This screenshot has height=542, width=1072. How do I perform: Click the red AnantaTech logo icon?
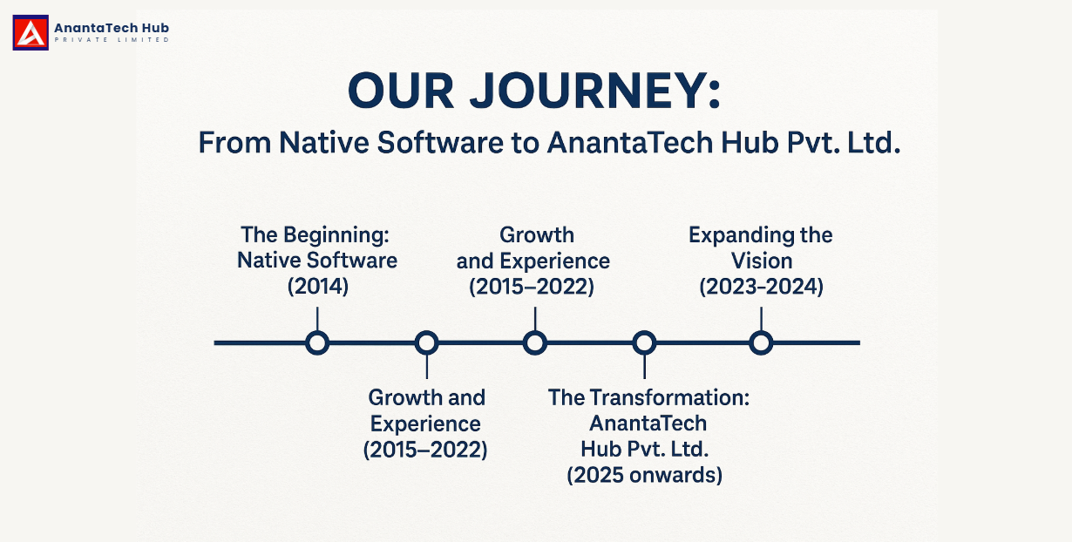coord(31,32)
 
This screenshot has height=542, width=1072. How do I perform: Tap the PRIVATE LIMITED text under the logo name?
coord(112,40)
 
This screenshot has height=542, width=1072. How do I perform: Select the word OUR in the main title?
coord(401,91)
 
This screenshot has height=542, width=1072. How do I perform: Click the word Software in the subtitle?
coord(440,143)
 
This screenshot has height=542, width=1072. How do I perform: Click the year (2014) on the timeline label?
coord(318,287)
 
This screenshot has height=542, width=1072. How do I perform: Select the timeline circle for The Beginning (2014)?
coord(317,342)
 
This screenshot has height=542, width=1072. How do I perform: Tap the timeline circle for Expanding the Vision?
coord(761,342)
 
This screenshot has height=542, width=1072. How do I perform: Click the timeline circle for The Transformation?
coord(644,342)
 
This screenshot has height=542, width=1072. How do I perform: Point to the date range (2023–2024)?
coord(762,287)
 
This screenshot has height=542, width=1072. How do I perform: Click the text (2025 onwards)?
coord(645,475)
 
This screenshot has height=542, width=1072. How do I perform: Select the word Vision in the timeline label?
coord(762,261)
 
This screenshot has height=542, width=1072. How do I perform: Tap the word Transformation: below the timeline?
coord(669,397)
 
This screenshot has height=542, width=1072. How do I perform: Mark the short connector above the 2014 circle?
coord(317,319)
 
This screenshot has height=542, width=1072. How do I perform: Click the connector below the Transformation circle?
coord(644,367)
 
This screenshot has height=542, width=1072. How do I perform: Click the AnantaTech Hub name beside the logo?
coord(112,28)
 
